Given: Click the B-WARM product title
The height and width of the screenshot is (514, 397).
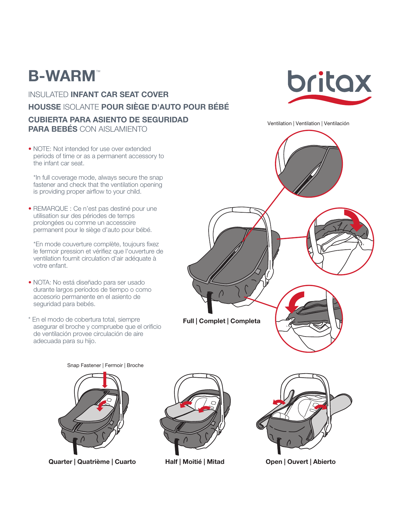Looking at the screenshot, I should [x=62, y=76].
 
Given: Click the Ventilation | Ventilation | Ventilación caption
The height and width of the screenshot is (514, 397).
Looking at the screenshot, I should [x=308, y=124].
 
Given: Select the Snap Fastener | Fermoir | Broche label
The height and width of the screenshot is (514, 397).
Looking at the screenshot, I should [x=105, y=365].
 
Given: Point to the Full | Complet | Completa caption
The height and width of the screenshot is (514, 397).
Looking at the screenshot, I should [x=221, y=321].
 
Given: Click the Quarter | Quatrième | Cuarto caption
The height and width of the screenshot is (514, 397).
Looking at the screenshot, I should [x=92, y=462].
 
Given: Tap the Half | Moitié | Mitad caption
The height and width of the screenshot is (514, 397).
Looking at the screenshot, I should [x=195, y=462].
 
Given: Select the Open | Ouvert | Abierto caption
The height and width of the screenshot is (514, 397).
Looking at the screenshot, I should [x=300, y=462].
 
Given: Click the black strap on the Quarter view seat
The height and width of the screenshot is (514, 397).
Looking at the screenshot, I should [x=75, y=446].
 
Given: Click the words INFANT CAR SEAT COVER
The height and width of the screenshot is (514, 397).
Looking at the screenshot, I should [x=120, y=95].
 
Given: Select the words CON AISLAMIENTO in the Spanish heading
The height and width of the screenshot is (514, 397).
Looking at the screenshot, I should [x=113, y=129].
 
